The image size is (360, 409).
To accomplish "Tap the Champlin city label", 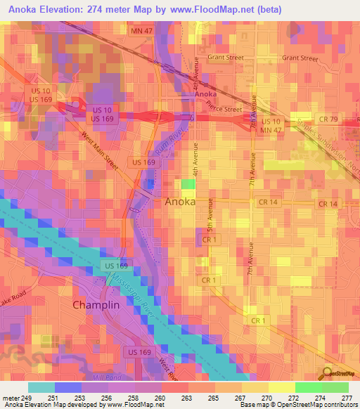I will click(101, 306).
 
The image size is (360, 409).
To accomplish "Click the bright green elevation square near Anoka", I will click(188, 184).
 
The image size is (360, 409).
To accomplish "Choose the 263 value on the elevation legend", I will click(186, 397).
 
